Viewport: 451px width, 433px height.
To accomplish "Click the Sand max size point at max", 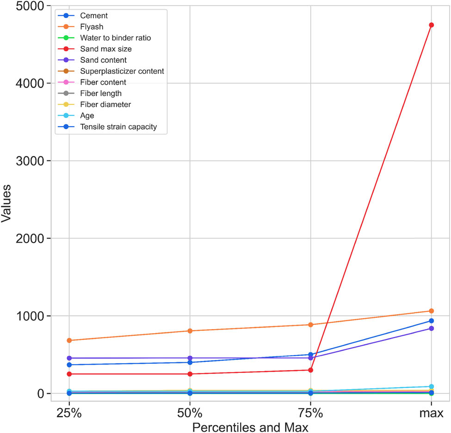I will pos(431,25).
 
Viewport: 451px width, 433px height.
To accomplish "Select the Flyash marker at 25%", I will pos(69,340).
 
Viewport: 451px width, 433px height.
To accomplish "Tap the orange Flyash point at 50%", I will pos(190,331).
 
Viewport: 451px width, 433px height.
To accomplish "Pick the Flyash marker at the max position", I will pos(431,311).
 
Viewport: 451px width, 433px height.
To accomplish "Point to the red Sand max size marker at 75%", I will pos(310,370).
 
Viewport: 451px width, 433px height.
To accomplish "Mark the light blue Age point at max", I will pos(431,386).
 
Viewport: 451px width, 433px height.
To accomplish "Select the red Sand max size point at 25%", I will pos(69,374).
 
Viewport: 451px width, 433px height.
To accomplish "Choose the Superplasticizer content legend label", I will pos(122,71).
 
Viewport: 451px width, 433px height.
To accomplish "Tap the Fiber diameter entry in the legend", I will pos(105,104).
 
